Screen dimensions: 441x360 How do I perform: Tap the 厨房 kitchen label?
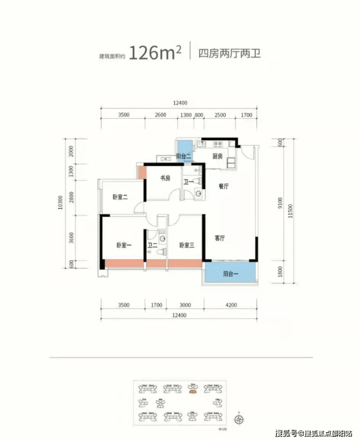[217, 157]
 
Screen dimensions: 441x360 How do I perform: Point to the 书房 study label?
[165, 178]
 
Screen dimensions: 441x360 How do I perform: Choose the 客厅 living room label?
[219, 239]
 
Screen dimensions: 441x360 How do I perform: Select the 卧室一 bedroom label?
[124, 246]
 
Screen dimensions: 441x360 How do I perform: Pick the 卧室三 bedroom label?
[186, 246]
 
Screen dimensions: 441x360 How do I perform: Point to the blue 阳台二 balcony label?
[183, 157]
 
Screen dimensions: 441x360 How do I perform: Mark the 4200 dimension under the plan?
[231, 305]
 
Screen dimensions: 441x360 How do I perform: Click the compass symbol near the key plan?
[238, 419]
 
